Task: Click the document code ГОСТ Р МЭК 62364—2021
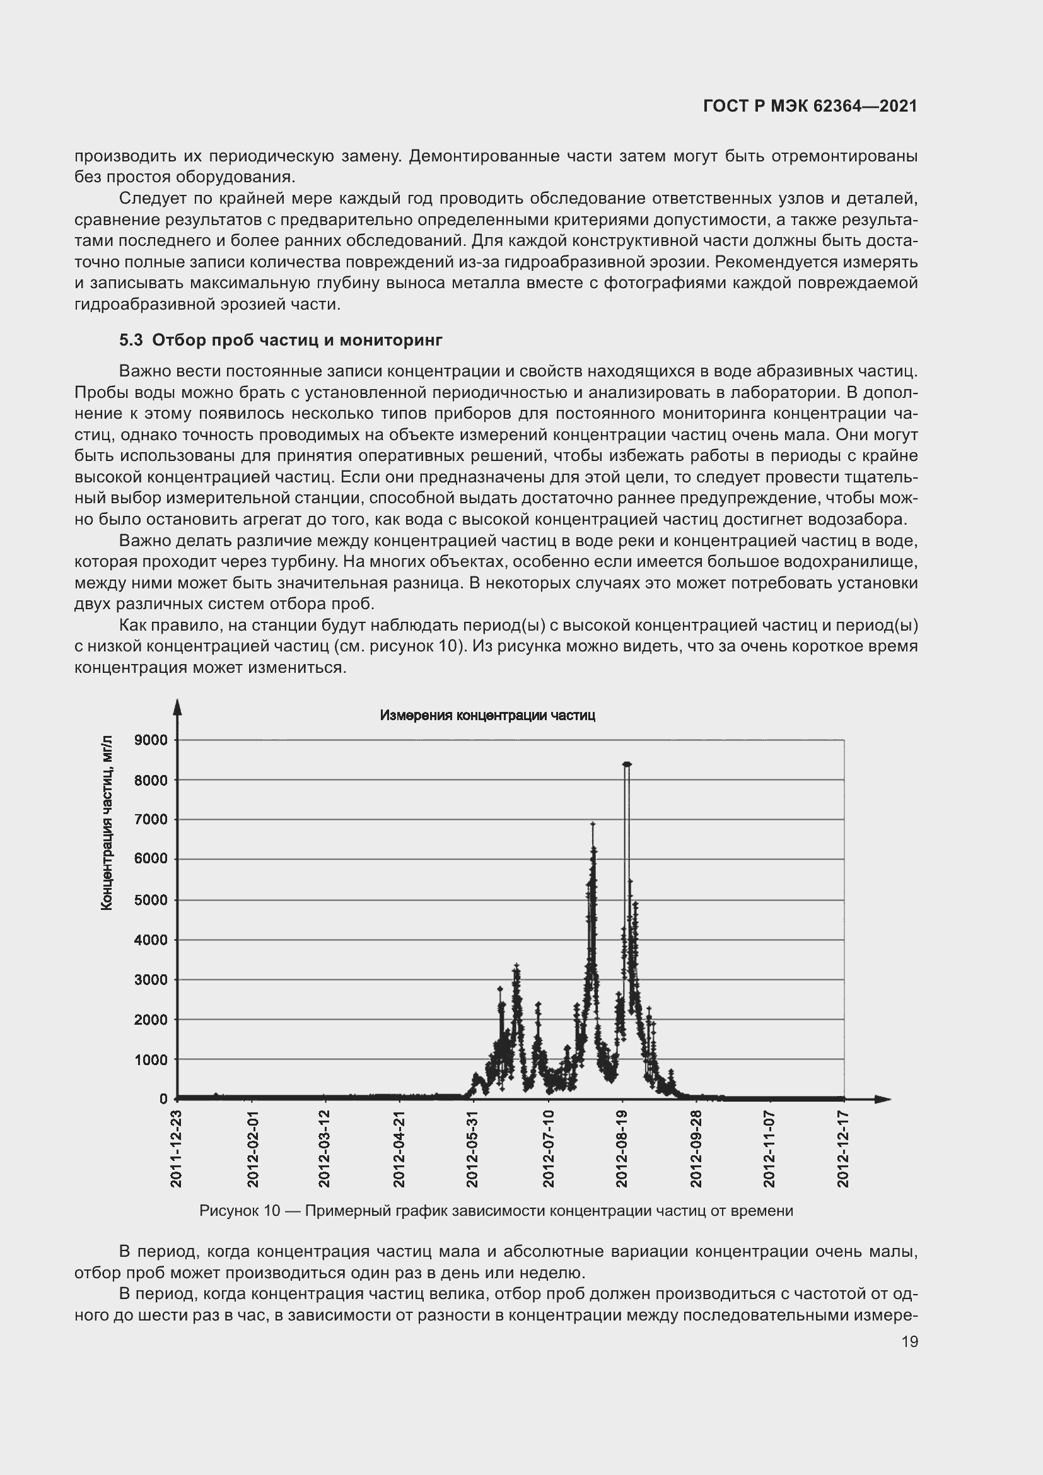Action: (x=810, y=106)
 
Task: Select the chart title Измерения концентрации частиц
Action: (x=487, y=716)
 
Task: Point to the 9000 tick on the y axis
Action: (x=150, y=740)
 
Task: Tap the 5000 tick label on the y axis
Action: (x=150, y=900)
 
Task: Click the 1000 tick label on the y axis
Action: (x=150, y=1059)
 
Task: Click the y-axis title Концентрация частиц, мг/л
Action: (x=107, y=823)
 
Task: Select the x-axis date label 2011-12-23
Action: (x=177, y=1148)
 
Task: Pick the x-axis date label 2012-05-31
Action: (x=474, y=1148)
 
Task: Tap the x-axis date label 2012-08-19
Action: (x=622, y=1148)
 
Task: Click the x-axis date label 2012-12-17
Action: (x=843, y=1148)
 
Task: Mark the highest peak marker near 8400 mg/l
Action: (x=627, y=764)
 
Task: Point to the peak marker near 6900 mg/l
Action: (x=593, y=824)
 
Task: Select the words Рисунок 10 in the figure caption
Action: (x=240, y=1211)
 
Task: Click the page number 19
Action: (x=909, y=1341)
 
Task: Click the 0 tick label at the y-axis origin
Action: (x=163, y=1099)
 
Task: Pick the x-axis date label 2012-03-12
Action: (x=325, y=1148)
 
